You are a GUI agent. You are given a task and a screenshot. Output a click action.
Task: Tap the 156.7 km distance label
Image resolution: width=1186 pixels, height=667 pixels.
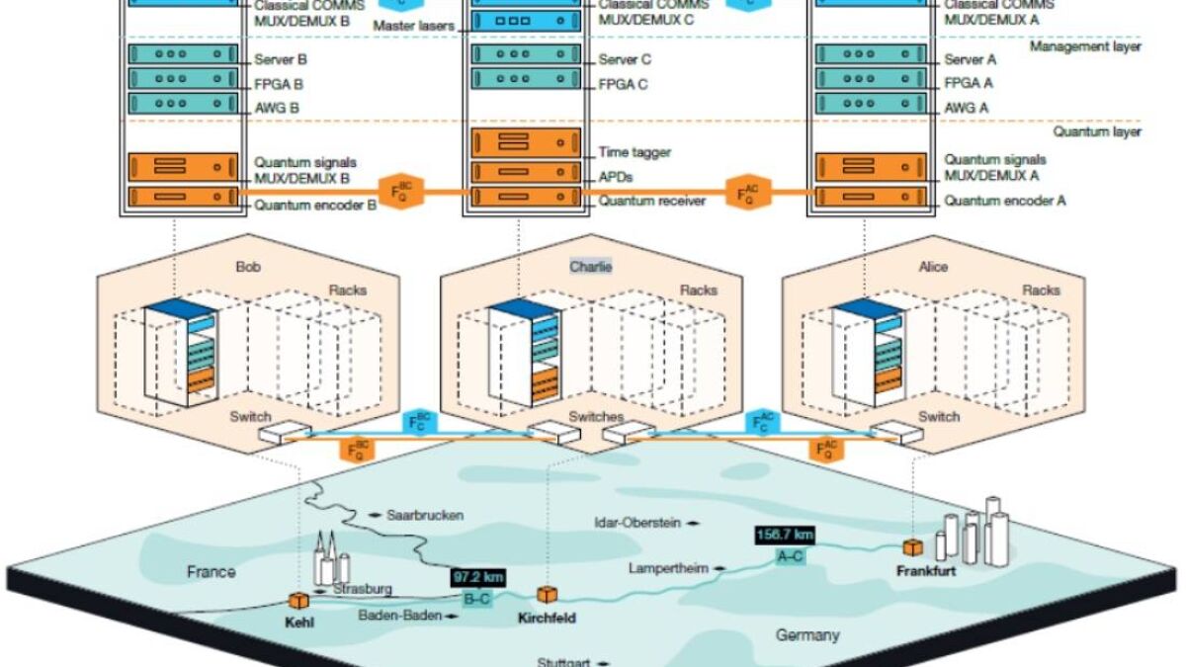tap(784, 535)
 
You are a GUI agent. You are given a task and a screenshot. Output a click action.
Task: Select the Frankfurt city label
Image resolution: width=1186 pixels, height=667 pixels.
tap(926, 571)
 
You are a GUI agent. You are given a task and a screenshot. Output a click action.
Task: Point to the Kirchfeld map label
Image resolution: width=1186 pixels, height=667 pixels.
tap(547, 619)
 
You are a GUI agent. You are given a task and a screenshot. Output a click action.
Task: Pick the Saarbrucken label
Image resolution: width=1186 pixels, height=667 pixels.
tap(425, 515)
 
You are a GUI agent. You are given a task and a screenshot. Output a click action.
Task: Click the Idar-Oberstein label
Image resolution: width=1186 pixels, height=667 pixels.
tap(637, 523)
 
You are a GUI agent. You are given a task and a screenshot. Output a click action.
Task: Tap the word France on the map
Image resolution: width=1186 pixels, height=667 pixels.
tap(212, 571)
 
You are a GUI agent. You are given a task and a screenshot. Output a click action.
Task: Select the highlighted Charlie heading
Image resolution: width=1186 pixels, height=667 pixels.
tap(590, 267)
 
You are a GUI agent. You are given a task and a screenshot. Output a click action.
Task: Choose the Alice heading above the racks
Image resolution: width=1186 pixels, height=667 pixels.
tap(933, 267)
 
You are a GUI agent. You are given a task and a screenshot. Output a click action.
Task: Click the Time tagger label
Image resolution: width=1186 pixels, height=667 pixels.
tap(635, 153)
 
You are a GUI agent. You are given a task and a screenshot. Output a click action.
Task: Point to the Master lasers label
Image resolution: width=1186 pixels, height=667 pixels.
tap(413, 25)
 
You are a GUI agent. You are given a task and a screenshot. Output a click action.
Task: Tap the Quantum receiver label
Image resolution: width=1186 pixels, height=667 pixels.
tap(652, 201)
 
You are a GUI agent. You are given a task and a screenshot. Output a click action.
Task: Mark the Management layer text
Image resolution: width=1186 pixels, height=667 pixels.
tap(1085, 45)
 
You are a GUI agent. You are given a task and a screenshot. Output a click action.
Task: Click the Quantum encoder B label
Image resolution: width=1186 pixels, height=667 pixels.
tap(316, 206)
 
